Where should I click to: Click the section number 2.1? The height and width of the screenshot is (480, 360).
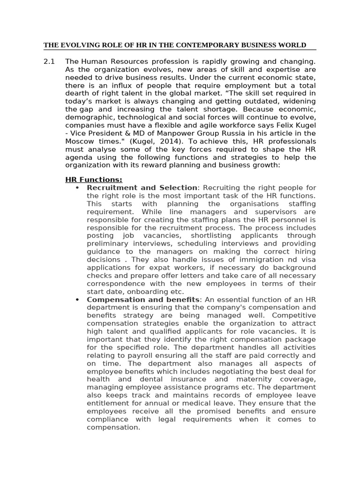(x=49, y=61)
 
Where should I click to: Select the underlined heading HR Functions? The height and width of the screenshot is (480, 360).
(x=93, y=180)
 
